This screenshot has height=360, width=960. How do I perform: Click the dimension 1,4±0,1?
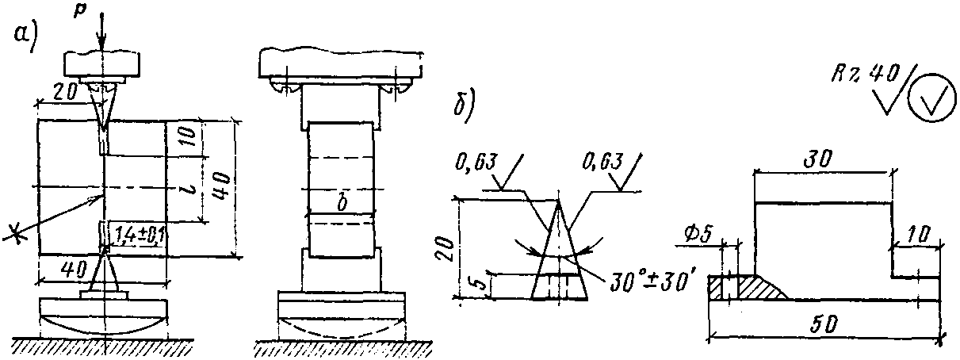(x=137, y=236)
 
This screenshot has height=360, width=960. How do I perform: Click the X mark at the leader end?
(x=13, y=232)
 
